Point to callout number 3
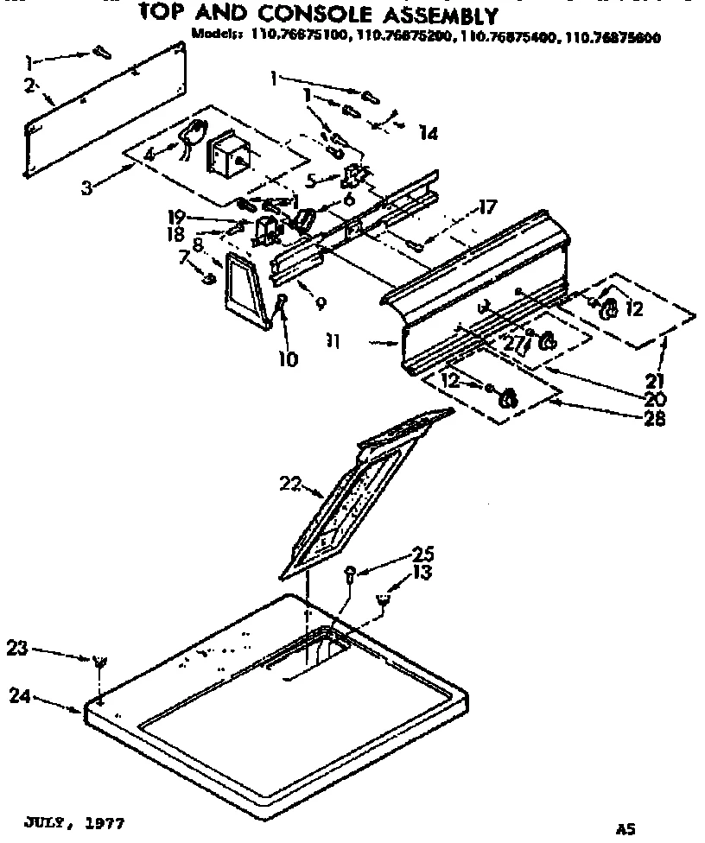(x=86, y=187)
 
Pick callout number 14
(x=428, y=133)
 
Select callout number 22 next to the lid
(x=290, y=485)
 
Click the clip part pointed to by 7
(x=208, y=277)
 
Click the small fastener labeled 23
(x=99, y=662)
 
